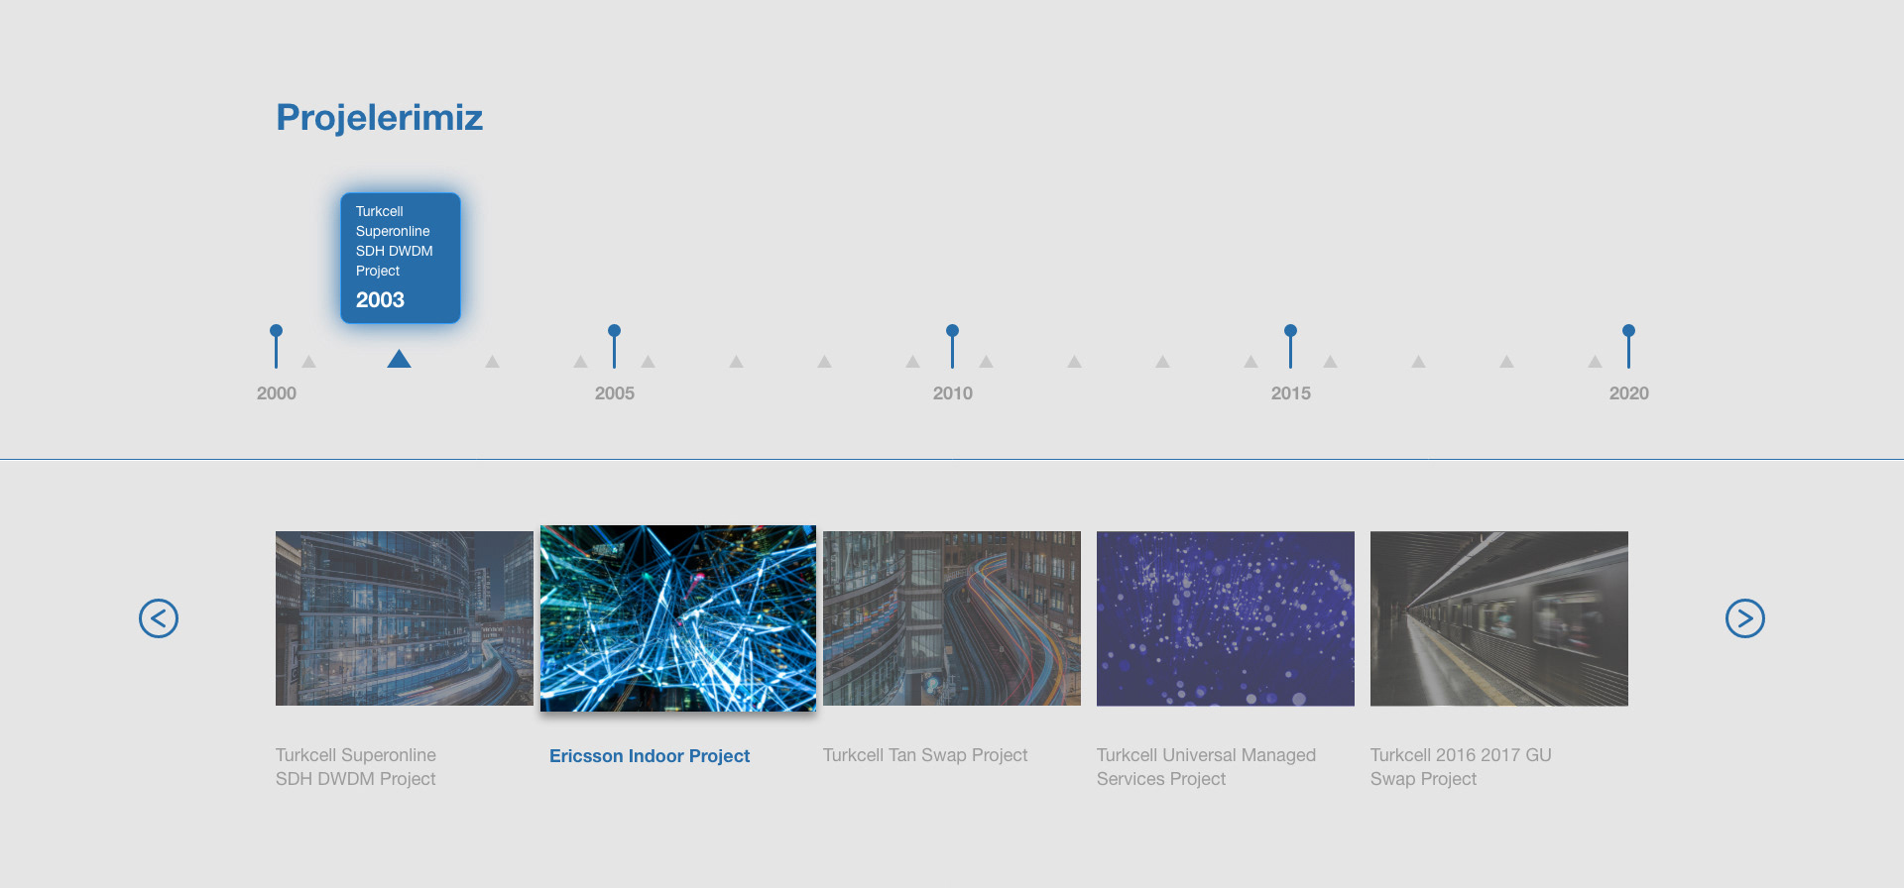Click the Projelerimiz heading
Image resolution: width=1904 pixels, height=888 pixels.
click(x=379, y=118)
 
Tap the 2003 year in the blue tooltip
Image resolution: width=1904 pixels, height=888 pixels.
click(x=380, y=300)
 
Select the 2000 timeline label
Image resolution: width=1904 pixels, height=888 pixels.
click(x=277, y=393)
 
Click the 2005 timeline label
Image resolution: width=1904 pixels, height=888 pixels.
click(x=615, y=393)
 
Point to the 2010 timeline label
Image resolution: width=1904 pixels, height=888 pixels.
click(x=953, y=393)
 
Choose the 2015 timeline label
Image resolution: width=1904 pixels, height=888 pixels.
click(x=1291, y=393)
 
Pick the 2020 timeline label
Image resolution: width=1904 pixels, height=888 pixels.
click(x=1629, y=393)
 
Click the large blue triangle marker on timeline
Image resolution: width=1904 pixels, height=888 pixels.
click(x=399, y=359)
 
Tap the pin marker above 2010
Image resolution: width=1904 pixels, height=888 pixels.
click(x=952, y=345)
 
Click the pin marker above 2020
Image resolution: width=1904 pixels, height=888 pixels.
click(x=1628, y=345)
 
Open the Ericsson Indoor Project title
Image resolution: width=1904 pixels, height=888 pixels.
click(x=650, y=756)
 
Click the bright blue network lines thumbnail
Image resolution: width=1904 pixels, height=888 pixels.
click(x=678, y=618)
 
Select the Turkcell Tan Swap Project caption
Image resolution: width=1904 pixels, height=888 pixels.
click(x=925, y=755)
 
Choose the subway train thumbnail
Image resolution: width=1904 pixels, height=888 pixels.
click(x=1499, y=618)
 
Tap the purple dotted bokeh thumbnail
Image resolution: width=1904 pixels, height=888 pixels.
click(x=1226, y=618)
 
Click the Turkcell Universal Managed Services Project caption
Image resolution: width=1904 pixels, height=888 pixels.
click(x=1206, y=767)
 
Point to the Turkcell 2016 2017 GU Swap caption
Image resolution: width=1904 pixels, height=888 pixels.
click(x=1461, y=767)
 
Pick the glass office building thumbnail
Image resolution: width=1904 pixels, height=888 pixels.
click(x=405, y=618)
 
